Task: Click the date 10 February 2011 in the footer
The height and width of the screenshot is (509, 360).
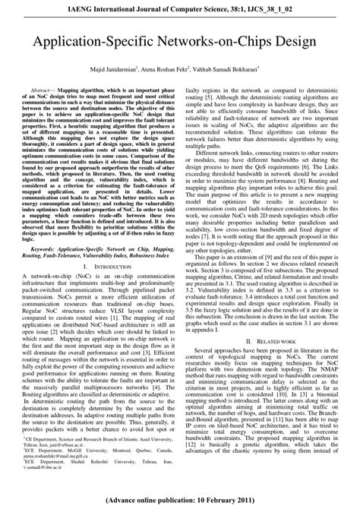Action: pos(225,501)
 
